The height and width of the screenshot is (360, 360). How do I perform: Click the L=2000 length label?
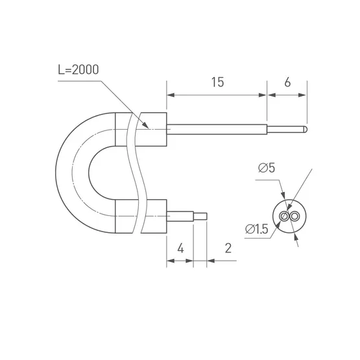[78, 69]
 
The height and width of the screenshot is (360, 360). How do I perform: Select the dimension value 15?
[217, 82]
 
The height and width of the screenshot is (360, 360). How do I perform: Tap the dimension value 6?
[287, 82]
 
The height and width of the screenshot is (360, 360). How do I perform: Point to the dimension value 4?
[181, 248]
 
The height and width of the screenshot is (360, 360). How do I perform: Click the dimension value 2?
[228, 248]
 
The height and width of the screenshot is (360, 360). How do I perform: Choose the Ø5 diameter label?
[267, 168]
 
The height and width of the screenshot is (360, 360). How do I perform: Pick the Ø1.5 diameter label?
[256, 229]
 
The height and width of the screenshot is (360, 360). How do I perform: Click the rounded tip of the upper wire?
[306, 129]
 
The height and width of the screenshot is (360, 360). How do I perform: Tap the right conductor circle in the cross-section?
[294, 216]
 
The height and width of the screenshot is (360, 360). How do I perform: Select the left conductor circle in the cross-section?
[284, 216]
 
